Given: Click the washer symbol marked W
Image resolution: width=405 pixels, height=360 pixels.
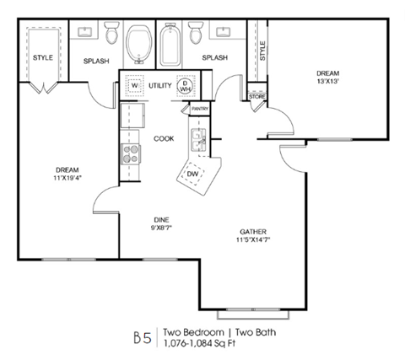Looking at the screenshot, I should (x=132, y=86).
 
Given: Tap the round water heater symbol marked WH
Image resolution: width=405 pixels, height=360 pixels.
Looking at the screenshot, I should (x=186, y=86).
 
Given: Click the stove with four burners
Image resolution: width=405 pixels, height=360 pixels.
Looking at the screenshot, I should (x=132, y=153).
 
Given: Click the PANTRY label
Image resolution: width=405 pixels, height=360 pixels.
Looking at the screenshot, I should (x=200, y=109).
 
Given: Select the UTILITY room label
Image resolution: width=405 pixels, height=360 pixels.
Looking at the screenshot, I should (x=159, y=86).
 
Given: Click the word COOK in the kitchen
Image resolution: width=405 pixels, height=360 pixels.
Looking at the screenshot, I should (x=164, y=138).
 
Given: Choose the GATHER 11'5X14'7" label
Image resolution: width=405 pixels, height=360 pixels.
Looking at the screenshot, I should (x=256, y=235).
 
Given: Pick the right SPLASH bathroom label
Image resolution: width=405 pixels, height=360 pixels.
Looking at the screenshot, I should (x=214, y=57).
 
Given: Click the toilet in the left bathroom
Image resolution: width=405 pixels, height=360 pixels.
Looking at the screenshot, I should (x=111, y=34).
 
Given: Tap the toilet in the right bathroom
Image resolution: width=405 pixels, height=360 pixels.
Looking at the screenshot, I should (x=195, y=34).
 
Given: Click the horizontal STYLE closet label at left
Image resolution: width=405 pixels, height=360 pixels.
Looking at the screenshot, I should (x=42, y=57).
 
